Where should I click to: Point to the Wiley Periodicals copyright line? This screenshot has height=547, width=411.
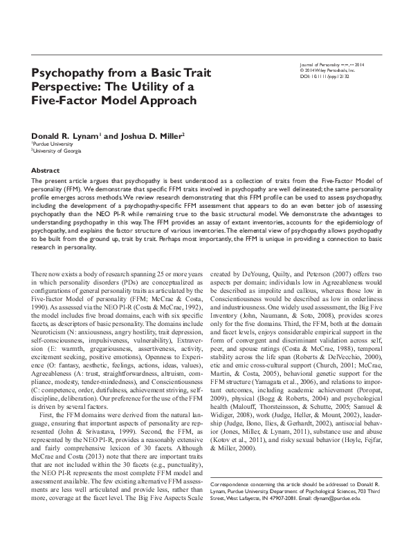pyautogui.click(x=326, y=70)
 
